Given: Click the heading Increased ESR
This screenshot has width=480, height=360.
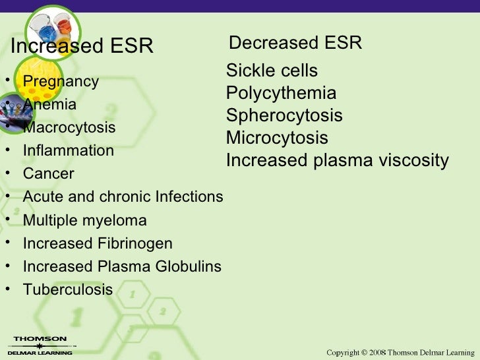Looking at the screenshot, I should coord(82,47).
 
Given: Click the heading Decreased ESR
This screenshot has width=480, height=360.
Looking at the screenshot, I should coord(295,44).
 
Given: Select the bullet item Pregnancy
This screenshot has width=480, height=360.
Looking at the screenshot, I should coord(61,82).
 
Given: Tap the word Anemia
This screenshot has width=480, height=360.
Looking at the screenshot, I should coord(49,105).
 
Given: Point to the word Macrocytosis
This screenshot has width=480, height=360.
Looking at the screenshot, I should coord(69,127).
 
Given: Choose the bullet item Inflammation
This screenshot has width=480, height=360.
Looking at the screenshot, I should coord(68,150).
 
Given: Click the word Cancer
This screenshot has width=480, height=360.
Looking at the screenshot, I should coord(48,174).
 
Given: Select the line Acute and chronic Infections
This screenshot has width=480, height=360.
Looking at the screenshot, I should coord(123,197).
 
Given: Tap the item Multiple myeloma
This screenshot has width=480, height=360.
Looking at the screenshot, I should coord(84,220).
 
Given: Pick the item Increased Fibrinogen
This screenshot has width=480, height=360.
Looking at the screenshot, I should coord(98,243).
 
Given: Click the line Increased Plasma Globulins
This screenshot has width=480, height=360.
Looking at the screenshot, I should coord(122,266).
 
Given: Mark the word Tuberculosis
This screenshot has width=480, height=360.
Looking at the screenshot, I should coord(68,289).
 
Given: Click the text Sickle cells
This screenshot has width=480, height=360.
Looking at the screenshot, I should coord(272,71).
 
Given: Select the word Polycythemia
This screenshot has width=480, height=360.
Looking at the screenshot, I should coord(281,93).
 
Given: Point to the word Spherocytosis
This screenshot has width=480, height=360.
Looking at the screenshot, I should coord(284,115).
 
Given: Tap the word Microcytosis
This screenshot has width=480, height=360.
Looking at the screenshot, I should coord(277,138).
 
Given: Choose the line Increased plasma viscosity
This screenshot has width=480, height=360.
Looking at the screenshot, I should coord(337,160).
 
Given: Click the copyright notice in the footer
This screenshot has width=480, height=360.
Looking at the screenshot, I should coord(400,352).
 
